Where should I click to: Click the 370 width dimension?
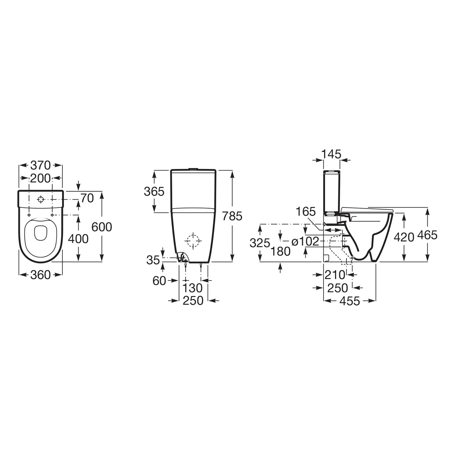[x=41, y=166]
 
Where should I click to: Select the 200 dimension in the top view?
[x=41, y=178]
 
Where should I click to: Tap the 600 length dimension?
[x=102, y=227]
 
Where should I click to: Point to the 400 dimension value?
[x=78, y=239]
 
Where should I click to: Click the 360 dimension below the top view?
[x=41, y=275]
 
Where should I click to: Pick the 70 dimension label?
[x=87, y=198]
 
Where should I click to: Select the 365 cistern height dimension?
[x=154, y=191]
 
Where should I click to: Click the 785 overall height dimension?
[x=232, y=216]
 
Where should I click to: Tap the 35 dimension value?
[x=153, y=260]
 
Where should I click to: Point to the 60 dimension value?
[x=159, y=281]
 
